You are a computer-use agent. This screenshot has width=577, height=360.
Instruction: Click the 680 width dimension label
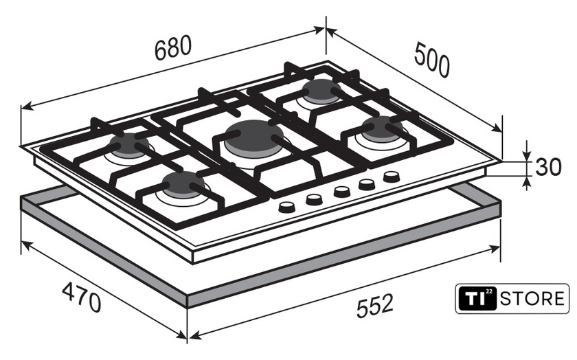[173, 48]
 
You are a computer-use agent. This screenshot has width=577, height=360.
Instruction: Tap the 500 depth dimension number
[432, 60]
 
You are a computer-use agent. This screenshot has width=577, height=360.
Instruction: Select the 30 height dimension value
[548, 167]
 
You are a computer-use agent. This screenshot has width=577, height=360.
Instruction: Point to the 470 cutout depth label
[81, 297]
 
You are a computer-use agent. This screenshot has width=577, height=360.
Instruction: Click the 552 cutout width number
[375, 305]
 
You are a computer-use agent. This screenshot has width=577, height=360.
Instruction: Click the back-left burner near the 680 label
[129, 144]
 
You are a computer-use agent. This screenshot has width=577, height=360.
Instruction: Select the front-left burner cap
[183, 183]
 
